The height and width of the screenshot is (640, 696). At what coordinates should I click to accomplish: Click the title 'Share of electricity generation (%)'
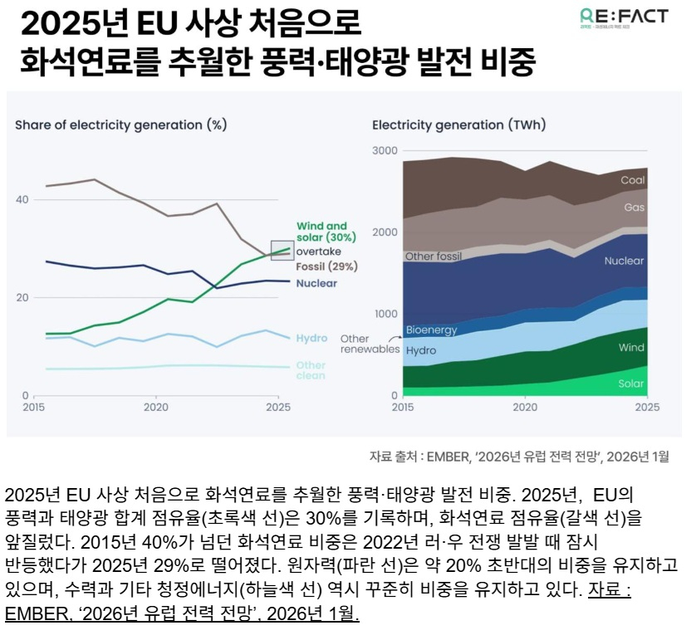pos(120,125)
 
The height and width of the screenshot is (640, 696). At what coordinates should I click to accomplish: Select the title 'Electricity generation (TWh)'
pos(458,125)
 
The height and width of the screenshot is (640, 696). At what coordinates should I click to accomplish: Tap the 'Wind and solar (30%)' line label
pos(322,231)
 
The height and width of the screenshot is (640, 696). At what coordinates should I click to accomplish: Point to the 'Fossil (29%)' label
pos(326,266)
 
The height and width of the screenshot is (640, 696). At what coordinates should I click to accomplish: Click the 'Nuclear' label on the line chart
pos(316,283)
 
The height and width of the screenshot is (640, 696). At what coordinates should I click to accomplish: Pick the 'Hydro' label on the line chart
pos(311,339)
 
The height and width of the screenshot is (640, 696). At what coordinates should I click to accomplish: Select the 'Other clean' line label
pos(311,370)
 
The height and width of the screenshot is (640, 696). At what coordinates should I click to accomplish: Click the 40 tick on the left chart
pos(22,200)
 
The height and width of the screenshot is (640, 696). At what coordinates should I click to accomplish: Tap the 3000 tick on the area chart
pos(385,151)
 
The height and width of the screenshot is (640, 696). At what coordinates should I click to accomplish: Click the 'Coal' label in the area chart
pos(633,180)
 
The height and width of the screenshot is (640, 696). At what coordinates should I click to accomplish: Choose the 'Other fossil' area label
pos(433,256)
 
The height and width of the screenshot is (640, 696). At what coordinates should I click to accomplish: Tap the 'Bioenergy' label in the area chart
pos(431,330)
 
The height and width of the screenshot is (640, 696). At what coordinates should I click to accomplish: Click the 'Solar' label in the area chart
pos(631,384)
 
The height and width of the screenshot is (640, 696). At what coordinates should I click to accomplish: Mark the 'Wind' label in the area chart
pos(632,349)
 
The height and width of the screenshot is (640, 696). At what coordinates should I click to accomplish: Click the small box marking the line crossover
pos(282,249)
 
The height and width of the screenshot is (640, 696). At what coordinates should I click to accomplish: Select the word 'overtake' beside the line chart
pos(318,251)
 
